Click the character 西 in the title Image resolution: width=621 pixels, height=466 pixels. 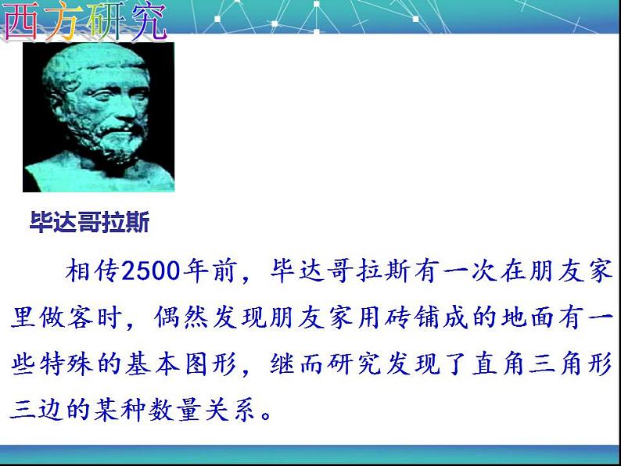pos(22,20)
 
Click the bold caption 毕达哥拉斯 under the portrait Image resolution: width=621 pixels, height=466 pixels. pos(89,222)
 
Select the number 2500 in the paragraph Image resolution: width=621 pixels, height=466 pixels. pos(151,271)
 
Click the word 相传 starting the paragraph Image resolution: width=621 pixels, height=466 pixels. pos(92,271)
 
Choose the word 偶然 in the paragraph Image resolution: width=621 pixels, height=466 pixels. pos(180,317)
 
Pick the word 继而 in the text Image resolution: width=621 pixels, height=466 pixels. pos(297,364)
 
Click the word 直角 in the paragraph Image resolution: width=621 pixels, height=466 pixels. pos(499,364)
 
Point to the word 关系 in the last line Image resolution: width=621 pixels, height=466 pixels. pos(230,409)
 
